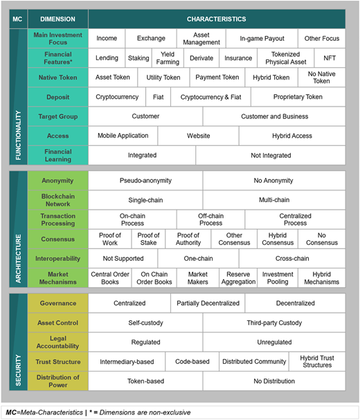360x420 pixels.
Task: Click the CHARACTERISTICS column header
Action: pyautogui.click(x=217, y=19)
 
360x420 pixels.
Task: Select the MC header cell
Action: pyautogui.click(x=18, y=19)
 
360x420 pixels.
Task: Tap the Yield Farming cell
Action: pyautogui.click(x=168, y=58)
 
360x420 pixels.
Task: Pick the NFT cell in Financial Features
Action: pyautogui.click(x=330, y=58)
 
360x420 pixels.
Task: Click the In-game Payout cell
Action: pyautogui.click(x=262, y=38)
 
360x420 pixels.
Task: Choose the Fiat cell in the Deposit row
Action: pyautogui.click(x=158, y=97)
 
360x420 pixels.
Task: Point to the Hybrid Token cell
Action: pyautogui.click(x=271, y=77)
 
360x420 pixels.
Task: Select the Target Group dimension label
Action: pyautogui.click(x=58, y=116)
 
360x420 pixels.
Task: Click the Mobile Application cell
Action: pyautogui.click(x=123, y=136)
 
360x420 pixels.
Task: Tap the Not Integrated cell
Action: pyautogui.click(x=271, y=156)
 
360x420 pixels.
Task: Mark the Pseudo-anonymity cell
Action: pyautogui.click(x=145, y=181)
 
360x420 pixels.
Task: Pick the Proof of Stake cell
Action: pyautogui.click(x=149, y=239)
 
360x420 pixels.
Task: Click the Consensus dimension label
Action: pyautogui.click(x=58, y=239)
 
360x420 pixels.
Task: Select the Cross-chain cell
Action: pyautogui.click(x=292, y=259)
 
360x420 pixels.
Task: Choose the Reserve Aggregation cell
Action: pyautogui.click(x=238, y=278)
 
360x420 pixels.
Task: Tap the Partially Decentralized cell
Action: pyautogui.click(x=208, y=303)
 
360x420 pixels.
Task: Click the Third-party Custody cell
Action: pyautogui.click(x=274, y=322)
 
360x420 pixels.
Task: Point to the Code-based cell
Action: pyautogui.click(x=192, y=362)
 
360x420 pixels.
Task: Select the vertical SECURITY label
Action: pyautogui.click(x=18, y=370)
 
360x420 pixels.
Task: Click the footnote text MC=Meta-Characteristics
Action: pyautogui.click(x=44, y=412)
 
